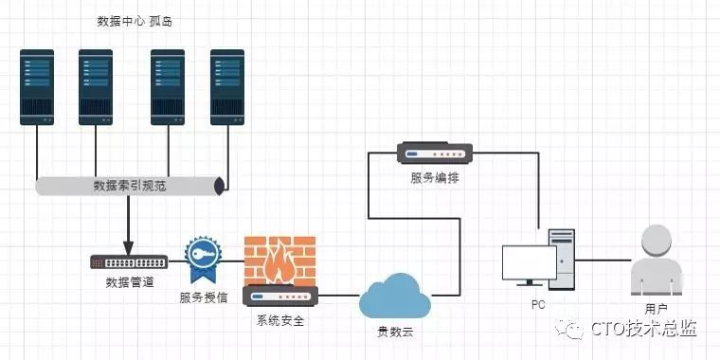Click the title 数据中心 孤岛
click(135, 21)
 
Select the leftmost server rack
click(37, 87)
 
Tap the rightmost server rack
click(227, 87)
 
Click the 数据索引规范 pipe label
click(130, 186)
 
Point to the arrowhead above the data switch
click(129, 248)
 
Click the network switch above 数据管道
click(129, 262)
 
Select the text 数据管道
click(130, 282)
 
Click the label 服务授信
click(204, 297)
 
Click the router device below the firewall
click(280, 296)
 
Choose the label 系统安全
click(280, 320)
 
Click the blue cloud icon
click(395, 297)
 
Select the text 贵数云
click(395, 333)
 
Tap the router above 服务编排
click(435, 153)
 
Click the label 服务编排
click(435, 178)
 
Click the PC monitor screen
click(529, 262)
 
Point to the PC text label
click(538, 305)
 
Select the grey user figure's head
click(657, 240)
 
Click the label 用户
click(656, 309)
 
